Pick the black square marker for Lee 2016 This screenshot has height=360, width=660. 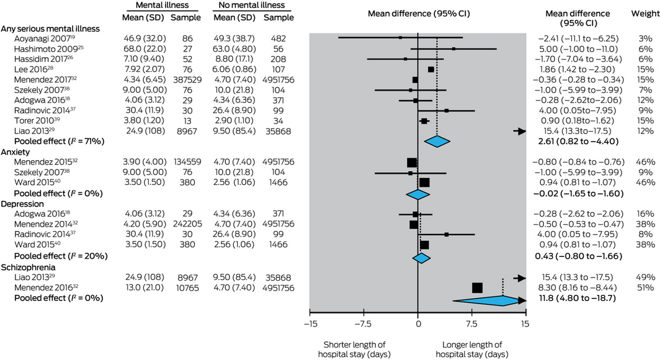pyautogui.click(x=431, y=70)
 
